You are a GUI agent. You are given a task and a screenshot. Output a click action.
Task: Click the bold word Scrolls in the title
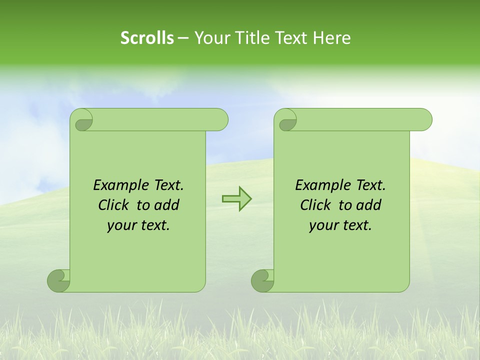pos(147,38)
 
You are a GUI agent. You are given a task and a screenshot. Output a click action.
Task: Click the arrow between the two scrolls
pos(236,199)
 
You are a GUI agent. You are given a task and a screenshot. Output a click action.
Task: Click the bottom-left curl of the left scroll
pos(59,280)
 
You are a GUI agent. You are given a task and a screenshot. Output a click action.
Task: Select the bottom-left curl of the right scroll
pos(262,280)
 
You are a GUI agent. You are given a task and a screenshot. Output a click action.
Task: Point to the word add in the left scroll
pos(167,205)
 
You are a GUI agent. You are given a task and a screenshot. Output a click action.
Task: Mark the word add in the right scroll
pos(369,205)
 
